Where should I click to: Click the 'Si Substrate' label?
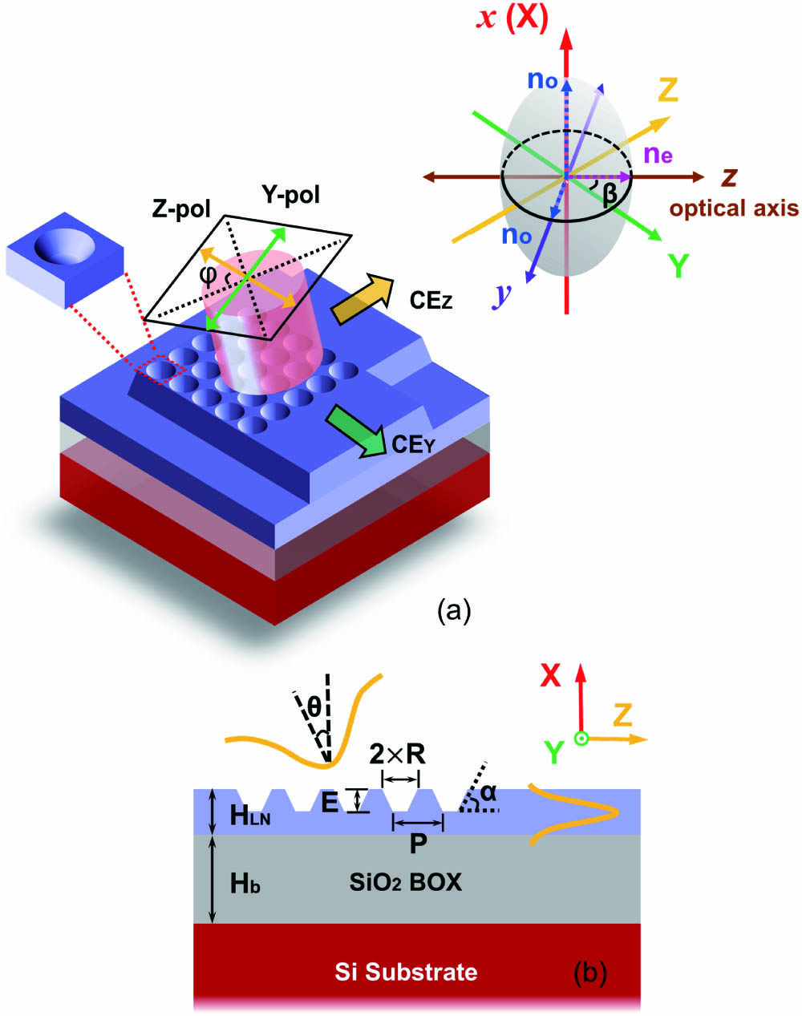pos(406,972)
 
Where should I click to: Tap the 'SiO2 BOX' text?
pos(406,883)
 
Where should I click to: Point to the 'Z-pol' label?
pos(181,211)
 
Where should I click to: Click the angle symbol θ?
pos(315,707)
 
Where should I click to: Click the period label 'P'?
pos(417,842)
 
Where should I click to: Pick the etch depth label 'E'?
pos(330,802)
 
